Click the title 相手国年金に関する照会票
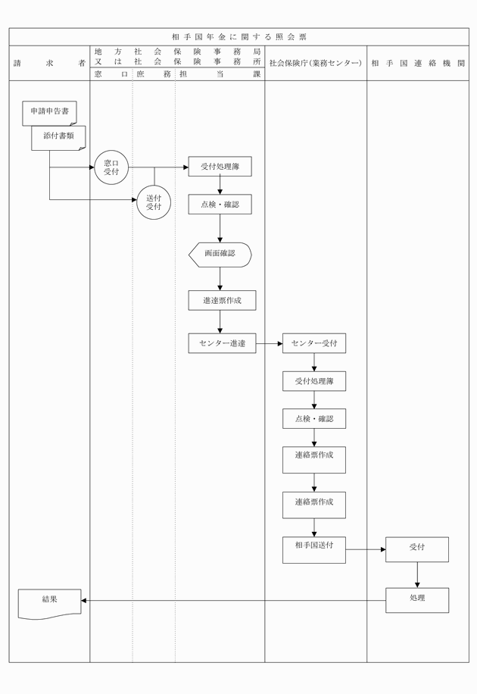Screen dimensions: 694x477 tap(239, 36)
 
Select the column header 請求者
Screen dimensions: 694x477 tap(49, 64)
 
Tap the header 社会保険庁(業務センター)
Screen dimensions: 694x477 tap(316, 64)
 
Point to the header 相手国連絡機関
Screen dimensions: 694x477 tap(418, 64)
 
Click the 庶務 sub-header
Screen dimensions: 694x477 tap(154, 74)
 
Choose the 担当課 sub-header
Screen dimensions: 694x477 tap(220, 74)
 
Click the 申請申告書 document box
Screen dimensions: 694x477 tap(49, 112)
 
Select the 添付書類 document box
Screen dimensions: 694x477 tap(58, 137)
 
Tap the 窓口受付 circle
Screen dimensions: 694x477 tap(112, 167)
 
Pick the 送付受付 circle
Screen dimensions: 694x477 tap(154, 202)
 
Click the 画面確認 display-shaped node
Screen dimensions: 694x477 tap(220, 254)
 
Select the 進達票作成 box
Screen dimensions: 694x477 tap(222, 301)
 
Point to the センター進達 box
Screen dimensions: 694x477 tap(222, 343)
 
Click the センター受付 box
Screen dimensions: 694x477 tap(314, 343)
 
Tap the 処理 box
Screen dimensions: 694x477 tap(417, 600)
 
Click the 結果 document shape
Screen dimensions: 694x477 tap(50, 603)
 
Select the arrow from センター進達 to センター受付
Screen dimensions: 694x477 tap(269, 343)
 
